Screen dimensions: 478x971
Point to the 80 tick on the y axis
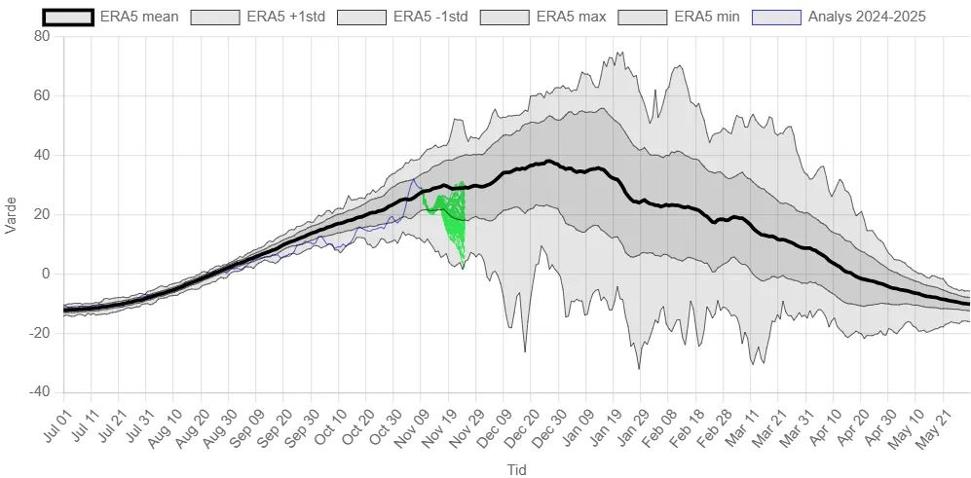pos(41,37)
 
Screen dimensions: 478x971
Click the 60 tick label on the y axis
pos(41,96)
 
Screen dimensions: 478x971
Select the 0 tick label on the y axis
pos(45,274)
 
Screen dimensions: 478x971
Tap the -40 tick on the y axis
pos(39,392)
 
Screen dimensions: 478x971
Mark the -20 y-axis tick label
pos(39,333)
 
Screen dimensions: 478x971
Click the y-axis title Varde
pos(12,215)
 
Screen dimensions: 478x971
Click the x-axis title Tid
pos(517,469)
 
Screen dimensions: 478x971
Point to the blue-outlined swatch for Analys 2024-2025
pos(777,17)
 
